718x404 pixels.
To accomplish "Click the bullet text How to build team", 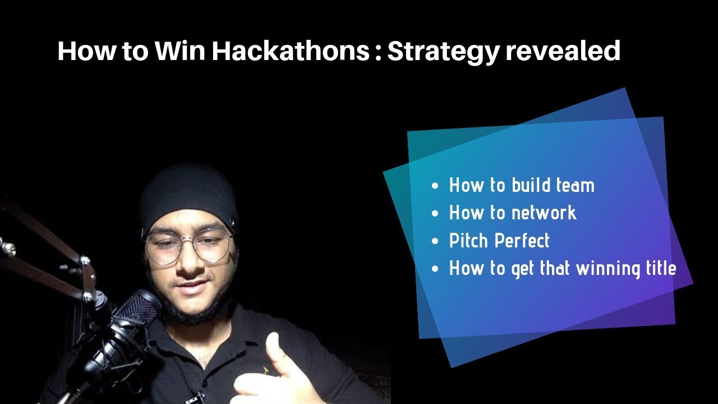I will (522, 185).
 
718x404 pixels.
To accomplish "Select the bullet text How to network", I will (513, 213).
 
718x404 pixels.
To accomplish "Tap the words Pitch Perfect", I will (499, 241).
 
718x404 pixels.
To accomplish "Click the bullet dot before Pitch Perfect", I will (436, 242).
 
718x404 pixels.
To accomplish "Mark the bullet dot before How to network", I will (436, 214).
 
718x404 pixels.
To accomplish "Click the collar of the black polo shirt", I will (236, 325).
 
